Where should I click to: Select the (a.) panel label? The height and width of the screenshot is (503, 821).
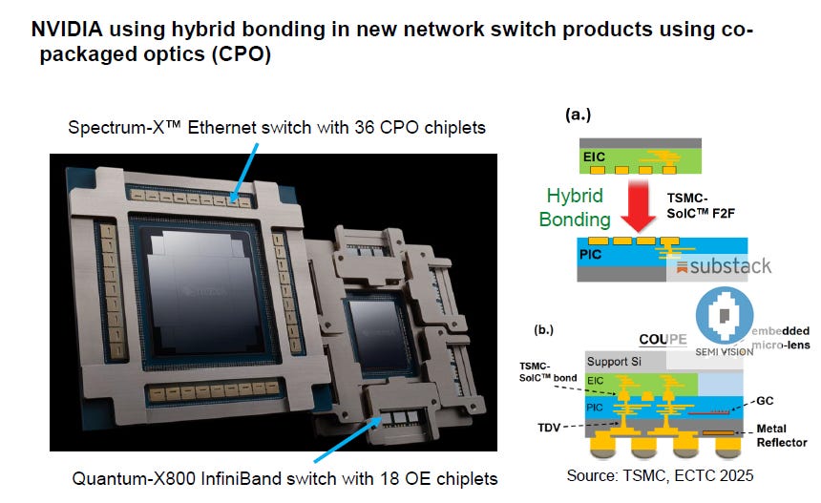579,115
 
